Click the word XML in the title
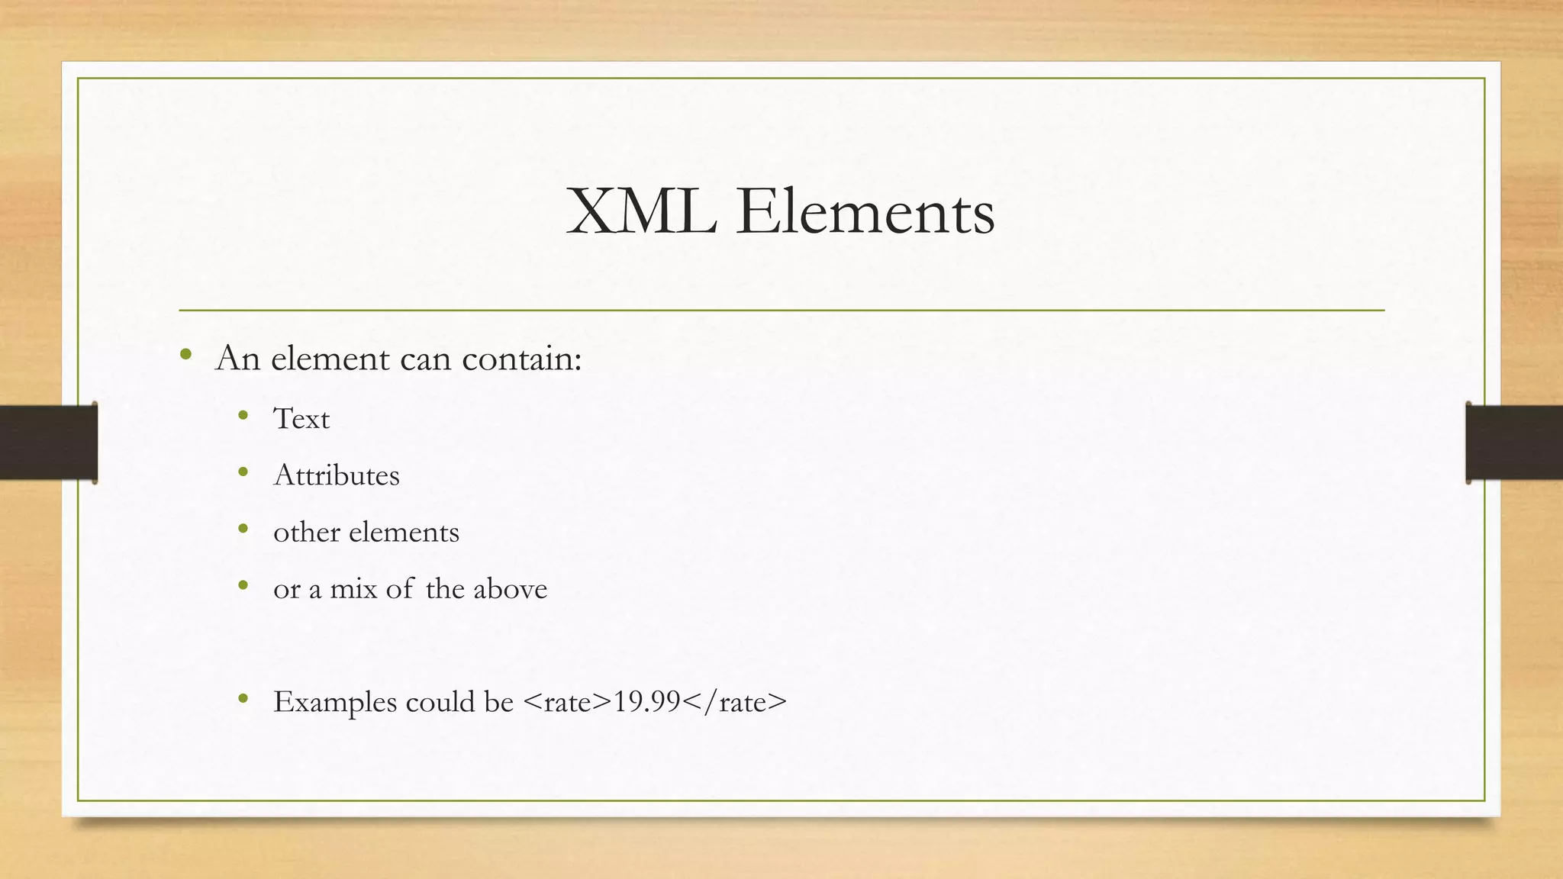pos(641,213)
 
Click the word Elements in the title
pos(865,213)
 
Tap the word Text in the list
pos(301,419)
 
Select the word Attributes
pos(337,475)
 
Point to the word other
pos(306,532)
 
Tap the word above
pos(510,589)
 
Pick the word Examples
pos(335,702)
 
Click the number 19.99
pos(647,702)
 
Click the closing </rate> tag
pos(734,702)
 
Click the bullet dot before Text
pos(243,416)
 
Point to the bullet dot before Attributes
pos(243,472)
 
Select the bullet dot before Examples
pos(243,698)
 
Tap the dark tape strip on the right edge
pos(1514,443)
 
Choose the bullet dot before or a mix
pos(243,585)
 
